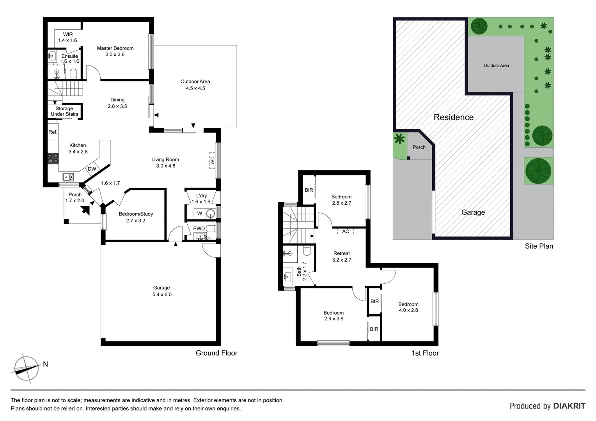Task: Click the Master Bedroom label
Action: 115,48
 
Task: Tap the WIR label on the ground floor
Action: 68,34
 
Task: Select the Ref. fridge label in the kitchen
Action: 53,132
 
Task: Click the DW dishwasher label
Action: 92,169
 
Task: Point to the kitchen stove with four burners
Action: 53,158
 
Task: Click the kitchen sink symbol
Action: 69,177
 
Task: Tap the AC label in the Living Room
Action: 212,160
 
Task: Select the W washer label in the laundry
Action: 200,213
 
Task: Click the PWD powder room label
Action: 199,228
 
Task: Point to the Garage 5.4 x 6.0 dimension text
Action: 162,295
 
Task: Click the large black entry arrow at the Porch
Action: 85,210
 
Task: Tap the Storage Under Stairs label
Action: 64,111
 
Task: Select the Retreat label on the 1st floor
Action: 341,253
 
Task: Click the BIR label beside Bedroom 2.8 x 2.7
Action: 309,190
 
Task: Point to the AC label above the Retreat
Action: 346,232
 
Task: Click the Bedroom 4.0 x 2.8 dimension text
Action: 408,310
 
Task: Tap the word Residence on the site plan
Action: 453,117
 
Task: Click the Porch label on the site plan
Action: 419,147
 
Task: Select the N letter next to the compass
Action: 45,364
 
